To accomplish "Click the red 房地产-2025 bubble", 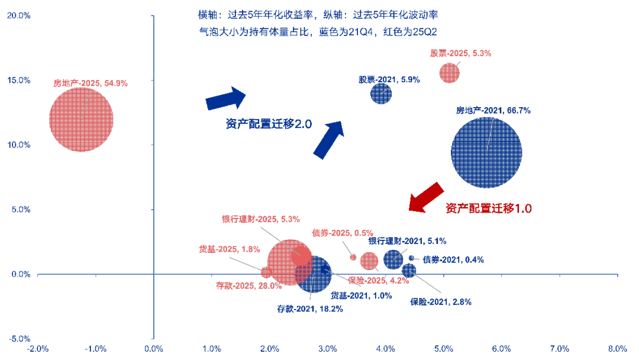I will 81,119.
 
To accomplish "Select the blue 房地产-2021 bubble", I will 486,152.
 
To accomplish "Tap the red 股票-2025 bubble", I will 449,73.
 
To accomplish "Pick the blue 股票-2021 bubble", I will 381,93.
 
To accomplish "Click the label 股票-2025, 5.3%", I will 460,53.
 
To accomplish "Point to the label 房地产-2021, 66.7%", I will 492,110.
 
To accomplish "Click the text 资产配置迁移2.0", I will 268,124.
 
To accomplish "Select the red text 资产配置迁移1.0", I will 489,208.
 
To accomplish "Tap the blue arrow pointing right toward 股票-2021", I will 226,98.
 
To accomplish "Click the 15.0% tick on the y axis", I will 18,81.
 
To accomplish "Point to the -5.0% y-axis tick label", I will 18,339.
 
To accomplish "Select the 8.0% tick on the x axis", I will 617,348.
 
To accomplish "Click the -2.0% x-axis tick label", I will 38,348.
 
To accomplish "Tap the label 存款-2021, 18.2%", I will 310,309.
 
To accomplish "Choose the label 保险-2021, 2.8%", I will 441,302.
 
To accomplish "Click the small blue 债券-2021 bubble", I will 411,258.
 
